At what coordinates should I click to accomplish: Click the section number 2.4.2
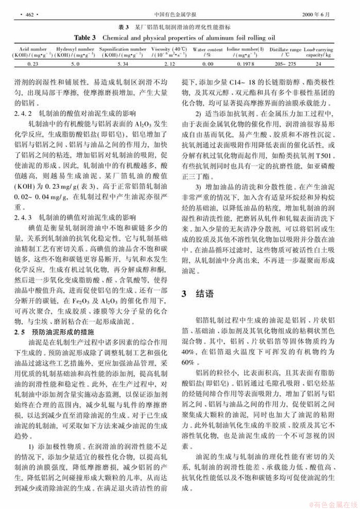pyautogui.click(x=24, y=113)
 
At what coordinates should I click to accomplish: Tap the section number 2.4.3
pyautogui.click(x=24, y=217)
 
